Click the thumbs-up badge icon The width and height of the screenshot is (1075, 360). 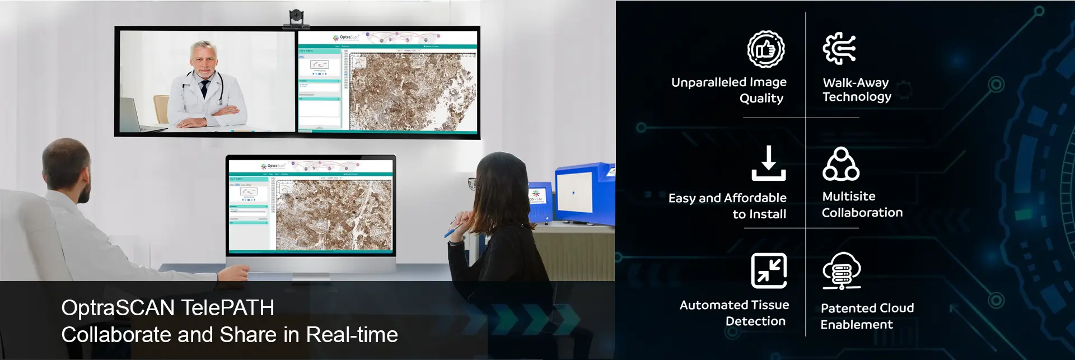(x=765, y=49)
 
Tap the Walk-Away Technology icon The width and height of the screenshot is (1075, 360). (x=839, y=49)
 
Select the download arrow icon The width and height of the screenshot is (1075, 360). (x=768, y=163)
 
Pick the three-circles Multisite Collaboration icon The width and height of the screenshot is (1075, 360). (x=840, y=165)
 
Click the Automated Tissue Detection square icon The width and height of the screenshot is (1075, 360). (x=768, y=270)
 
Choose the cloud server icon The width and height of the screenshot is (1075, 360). (x=841, y=271)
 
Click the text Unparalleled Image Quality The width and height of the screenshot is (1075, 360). (x=729, y=90)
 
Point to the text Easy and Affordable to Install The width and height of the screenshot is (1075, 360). (x=728, y=206)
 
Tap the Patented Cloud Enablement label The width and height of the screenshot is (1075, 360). (x=867, y=316)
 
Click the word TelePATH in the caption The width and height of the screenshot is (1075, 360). (x=227, y=308)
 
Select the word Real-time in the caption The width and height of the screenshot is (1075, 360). (x=352, y=335)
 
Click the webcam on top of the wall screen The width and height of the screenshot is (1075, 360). (x=296, y=18)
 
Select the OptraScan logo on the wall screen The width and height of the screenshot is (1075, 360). (x=346, y=38)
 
